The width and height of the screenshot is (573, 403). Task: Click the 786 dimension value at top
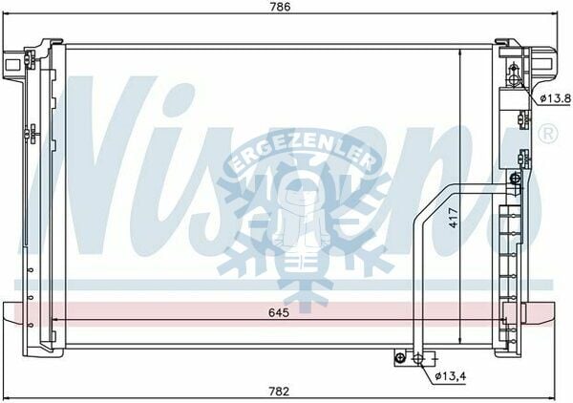(x=281, y=7)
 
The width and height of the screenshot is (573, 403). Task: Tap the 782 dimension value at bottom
(x=279, y=392)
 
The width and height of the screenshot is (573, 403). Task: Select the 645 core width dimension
(x=279, y=312)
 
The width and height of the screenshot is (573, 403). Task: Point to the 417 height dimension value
(x=453, y=218)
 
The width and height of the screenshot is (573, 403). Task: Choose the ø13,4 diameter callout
(x=451, y=375)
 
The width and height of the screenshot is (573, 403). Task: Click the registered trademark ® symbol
(x=548, y=133)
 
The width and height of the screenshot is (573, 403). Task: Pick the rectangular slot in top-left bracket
(x=11, y=65)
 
